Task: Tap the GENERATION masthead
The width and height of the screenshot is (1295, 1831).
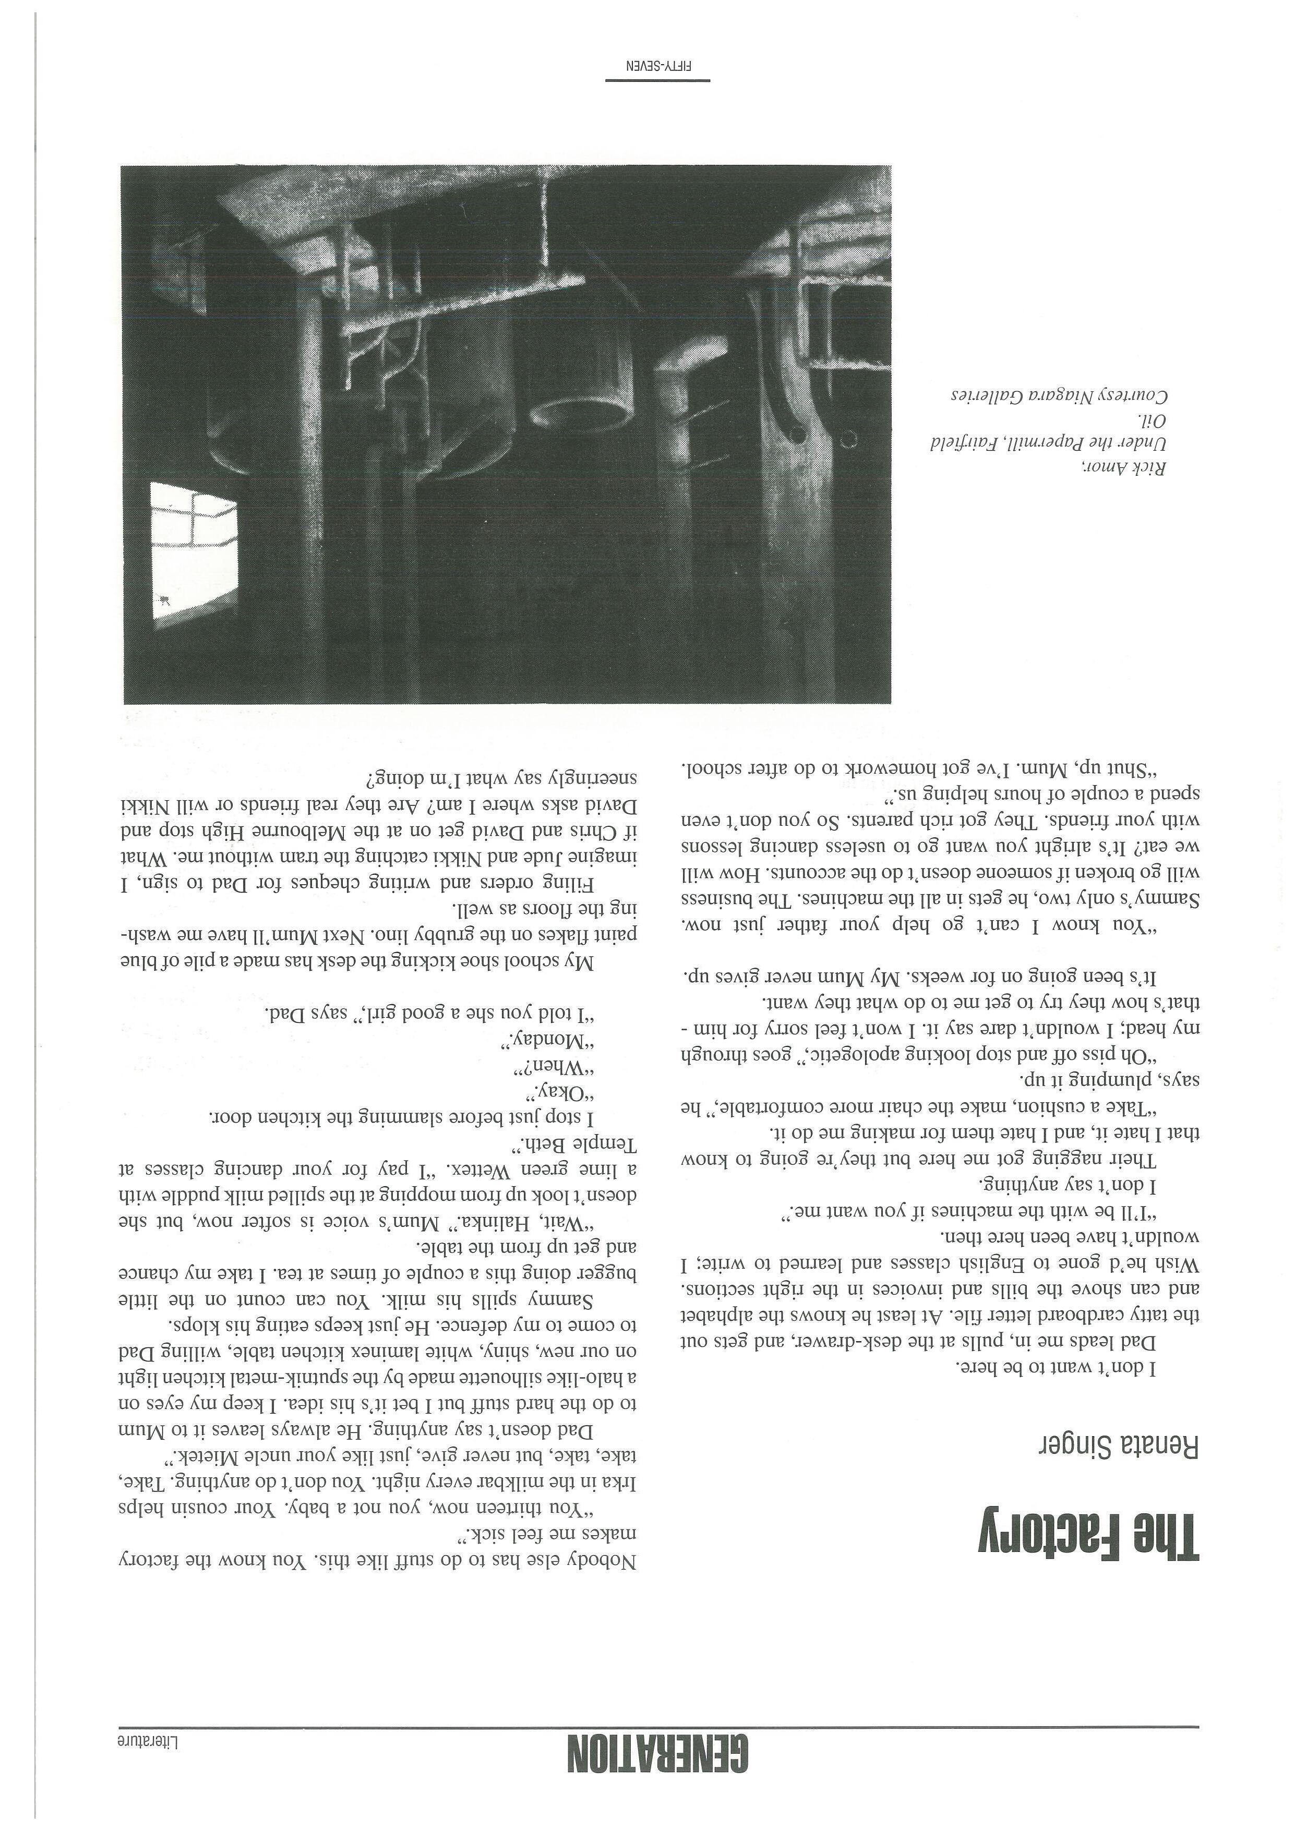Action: [658, 1754]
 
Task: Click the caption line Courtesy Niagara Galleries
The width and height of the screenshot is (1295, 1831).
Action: [1061, 395]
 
